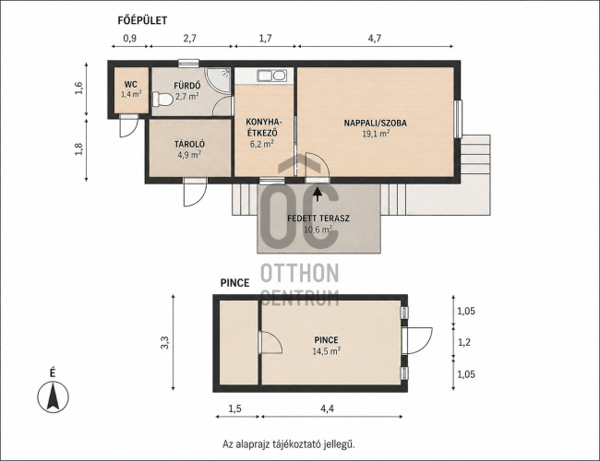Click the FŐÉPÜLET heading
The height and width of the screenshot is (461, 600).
[142, 20]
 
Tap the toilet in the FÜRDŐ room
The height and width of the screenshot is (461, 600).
[162, 100]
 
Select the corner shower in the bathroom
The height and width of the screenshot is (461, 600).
[218, 80]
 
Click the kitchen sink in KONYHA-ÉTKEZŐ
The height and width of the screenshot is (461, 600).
[271, 76]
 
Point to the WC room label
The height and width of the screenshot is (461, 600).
[131, 85]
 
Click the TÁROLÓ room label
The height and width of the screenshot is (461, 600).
[189, 144]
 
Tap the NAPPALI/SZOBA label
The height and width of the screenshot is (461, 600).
[376, 123]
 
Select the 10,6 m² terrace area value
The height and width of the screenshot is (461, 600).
[318, 230]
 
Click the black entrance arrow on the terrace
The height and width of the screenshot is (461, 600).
[318, 194]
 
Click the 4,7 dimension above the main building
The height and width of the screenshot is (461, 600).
[375, 38]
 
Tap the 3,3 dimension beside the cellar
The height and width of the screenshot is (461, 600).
[165, 342]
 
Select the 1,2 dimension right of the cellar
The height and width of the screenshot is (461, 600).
[464, 342]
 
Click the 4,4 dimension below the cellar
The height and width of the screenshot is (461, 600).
[327, 408]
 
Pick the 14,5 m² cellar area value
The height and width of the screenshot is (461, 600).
[327, 350]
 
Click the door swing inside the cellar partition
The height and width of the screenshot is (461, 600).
[270, 342]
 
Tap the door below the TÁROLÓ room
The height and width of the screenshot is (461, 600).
[195, 192]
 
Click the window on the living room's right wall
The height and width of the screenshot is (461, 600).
[458, 119]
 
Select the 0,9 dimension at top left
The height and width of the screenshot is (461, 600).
[130, 38]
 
